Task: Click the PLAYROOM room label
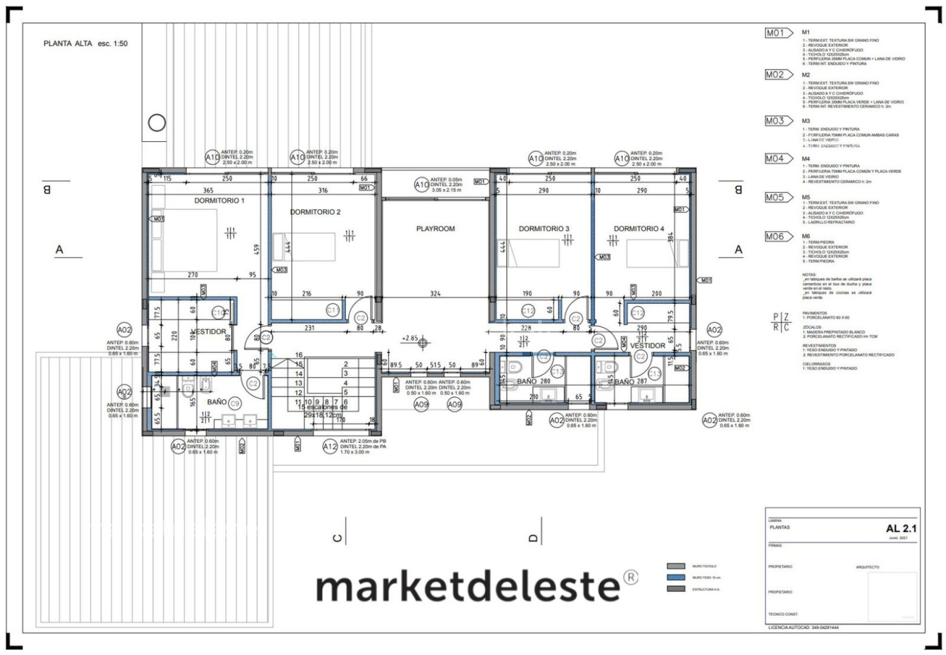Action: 435,229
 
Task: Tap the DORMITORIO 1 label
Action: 219,200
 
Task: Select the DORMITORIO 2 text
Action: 315,212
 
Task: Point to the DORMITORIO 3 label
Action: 543,229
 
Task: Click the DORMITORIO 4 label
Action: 639,229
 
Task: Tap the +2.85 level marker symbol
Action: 423,343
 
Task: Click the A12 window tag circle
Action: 330,447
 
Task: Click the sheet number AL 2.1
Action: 901,528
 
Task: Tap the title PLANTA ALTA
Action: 68,43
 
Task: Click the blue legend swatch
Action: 676,577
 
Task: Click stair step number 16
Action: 299,355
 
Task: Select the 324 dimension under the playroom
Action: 435,294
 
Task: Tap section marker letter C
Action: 338,538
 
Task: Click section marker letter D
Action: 533,538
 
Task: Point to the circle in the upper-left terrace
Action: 157,123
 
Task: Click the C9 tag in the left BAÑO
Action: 235,403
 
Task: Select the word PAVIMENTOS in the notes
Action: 814,313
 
